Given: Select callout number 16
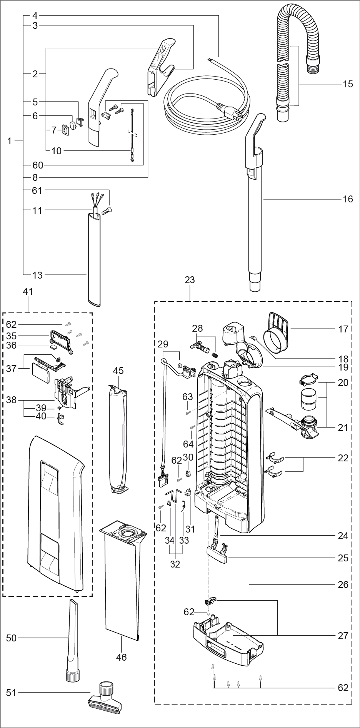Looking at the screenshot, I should click(348, 199).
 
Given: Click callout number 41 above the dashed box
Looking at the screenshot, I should click(28, 291).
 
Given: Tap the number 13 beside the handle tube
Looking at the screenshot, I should click(37, 275).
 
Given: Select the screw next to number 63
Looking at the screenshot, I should click(188, 413).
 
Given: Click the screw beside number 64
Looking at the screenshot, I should click(191, 427).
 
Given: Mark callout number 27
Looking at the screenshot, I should click(343, 636).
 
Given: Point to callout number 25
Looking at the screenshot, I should click(343, 558).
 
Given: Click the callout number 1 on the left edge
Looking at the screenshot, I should click(9, 141).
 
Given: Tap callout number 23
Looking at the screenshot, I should click(190, 280).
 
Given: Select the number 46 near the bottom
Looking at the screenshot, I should click(122, 657).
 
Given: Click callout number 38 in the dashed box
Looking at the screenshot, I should click(12, 400).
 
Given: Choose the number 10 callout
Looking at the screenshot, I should click(56, 151).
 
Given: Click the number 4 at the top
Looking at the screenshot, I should click(35, 16).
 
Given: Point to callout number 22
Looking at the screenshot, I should click(343, 458).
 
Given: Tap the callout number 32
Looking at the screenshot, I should click(175, 564).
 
